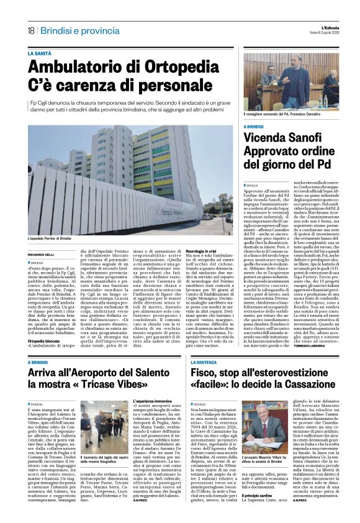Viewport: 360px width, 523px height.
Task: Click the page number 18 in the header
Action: tap(30, 30)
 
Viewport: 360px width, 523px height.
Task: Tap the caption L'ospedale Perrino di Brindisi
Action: tap(52, 239)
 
